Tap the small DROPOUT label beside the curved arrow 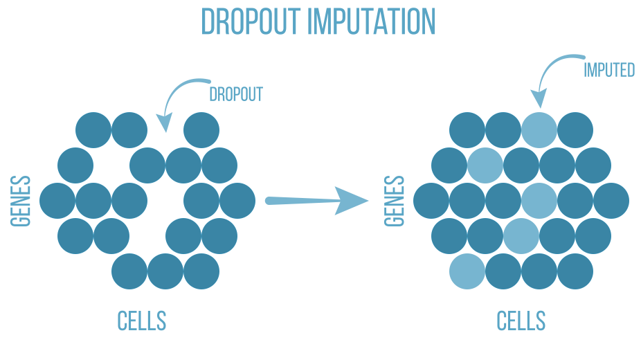(236, 94)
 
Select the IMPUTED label (609, 70)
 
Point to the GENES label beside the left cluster (21, 201)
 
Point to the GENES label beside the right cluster (395, 201)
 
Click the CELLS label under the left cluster (142, 321)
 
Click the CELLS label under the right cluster (521, 321)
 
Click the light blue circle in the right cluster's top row (539, 129)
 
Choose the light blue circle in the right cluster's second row (485, 165)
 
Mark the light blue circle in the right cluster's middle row (539, 201)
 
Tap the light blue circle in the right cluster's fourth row (521, 236)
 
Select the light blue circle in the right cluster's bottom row (467, 271)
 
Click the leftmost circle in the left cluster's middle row (57, 201)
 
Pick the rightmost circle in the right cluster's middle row (611, 201)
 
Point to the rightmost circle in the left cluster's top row (201, 129)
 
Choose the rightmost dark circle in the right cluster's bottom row (575, 271)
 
